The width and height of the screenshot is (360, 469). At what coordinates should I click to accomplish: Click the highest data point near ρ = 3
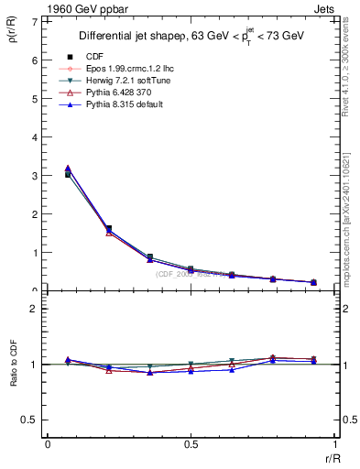pyautogui.click(x=68, y=169)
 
